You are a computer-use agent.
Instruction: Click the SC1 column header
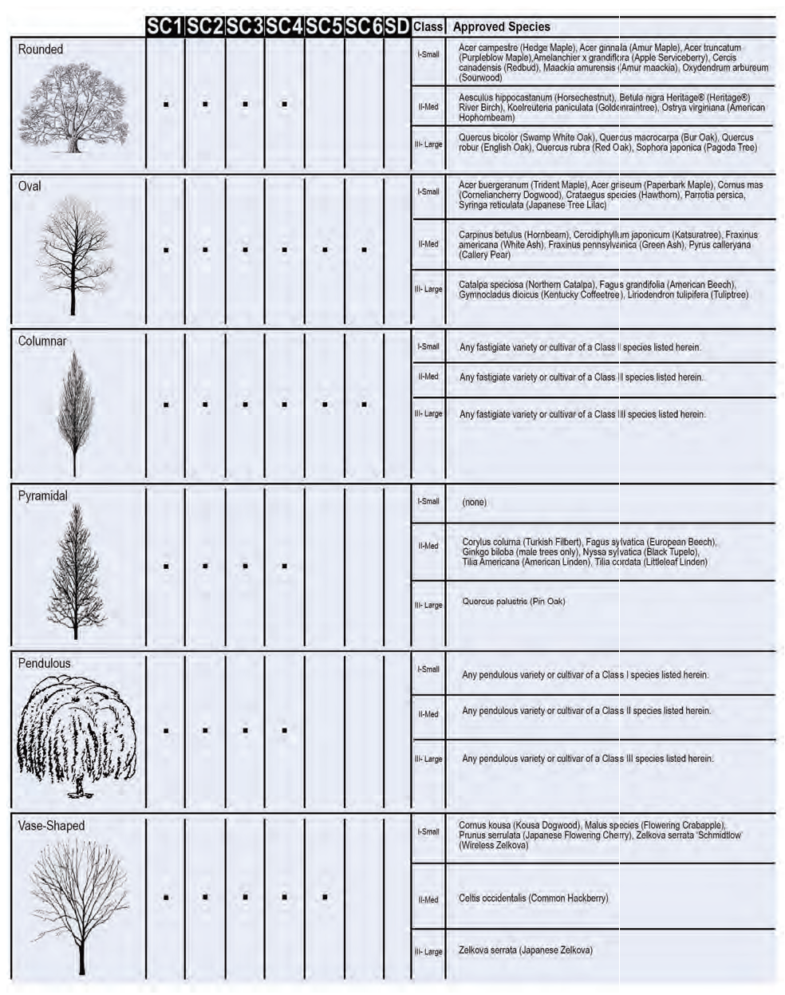165,26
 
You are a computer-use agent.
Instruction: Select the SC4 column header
285,26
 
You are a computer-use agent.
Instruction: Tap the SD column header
396,26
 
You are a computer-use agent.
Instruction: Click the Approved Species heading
501,26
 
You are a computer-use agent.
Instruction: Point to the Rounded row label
41,49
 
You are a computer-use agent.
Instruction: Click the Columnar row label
42,342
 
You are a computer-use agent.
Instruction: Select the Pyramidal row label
43,496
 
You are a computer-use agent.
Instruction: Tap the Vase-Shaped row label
51,826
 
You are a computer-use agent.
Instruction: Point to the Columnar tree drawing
75,411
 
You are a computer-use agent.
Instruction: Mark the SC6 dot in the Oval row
365,250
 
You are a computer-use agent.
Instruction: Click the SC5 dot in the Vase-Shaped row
325,897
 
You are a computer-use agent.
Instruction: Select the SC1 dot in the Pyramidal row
166,567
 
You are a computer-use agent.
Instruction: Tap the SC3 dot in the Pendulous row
245,730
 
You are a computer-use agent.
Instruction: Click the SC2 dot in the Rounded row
205,104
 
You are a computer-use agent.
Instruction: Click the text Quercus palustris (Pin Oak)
513,602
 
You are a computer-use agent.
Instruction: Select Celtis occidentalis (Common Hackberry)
533,898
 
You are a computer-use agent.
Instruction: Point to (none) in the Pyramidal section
474,503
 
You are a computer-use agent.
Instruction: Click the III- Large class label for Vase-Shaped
428,952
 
